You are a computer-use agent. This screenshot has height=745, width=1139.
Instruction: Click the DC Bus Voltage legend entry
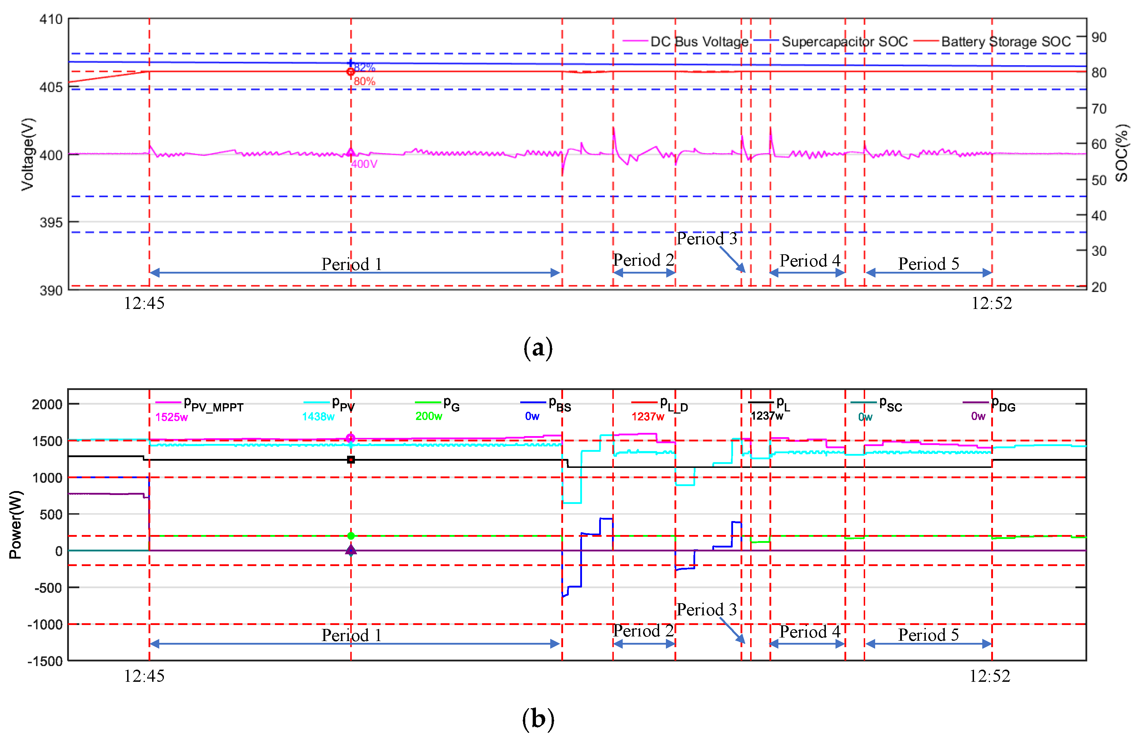click(699, 42)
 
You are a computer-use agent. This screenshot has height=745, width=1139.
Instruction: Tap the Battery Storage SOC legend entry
click(1005, 42)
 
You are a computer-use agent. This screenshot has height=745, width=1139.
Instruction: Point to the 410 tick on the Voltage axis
click(51, 20)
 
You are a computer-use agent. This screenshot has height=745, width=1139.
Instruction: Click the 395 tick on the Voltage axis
click(51, 222)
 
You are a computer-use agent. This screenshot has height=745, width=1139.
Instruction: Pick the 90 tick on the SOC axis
click(1099, 37)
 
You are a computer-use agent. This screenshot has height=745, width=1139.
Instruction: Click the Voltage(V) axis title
click(28, 154)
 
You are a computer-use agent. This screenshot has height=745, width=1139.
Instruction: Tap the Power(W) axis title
click(15, 525)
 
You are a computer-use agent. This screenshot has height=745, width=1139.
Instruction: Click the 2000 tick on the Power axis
click(47, 405)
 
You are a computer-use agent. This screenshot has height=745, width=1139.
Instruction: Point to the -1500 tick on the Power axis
click(45, 661)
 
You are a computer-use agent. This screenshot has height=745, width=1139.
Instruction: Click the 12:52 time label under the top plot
click(992, 304)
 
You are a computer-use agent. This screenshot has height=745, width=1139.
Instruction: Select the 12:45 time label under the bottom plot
click(144, 676)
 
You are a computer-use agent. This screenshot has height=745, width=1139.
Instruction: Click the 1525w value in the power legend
click(171, 417)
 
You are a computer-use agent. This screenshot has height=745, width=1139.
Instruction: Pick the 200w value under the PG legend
click(428, 416)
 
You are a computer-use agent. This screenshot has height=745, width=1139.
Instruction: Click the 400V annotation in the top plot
click(364, 164)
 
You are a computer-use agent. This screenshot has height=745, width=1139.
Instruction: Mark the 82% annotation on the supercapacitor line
click(365, 67)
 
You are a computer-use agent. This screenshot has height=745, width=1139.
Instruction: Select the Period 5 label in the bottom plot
click(928, 635)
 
